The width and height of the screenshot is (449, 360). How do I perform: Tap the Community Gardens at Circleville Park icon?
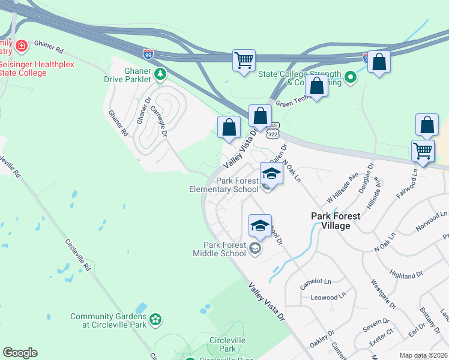155,320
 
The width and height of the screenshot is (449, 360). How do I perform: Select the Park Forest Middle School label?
226,249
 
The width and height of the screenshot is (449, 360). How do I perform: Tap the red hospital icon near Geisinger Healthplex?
22,46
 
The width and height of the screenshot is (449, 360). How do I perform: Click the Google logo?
20,353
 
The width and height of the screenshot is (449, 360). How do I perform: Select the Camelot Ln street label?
316,281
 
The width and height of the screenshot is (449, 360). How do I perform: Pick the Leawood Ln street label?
325,296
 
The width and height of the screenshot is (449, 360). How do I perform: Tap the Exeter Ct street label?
381,346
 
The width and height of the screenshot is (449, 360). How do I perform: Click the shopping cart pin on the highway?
244,61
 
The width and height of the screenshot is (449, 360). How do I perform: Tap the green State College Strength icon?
351,77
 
